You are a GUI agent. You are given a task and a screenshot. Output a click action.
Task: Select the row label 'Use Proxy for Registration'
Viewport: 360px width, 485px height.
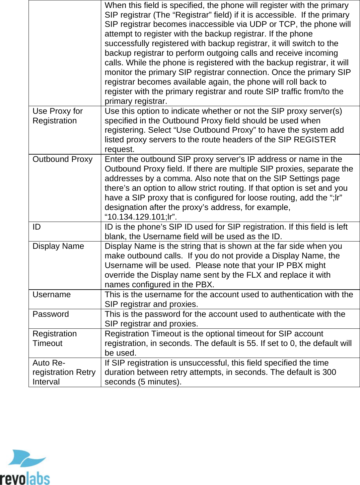tap(58, 116)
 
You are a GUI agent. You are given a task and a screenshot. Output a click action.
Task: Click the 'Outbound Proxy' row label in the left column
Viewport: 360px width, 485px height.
tap(62, 159)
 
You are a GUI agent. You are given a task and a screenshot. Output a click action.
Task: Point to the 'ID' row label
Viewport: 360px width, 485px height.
tap(36, 227)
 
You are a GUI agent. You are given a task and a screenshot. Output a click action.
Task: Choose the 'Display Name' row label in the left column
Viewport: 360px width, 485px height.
tap(58, 246)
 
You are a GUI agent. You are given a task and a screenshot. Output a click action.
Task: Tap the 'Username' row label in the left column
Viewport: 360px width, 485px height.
tap(51, 295)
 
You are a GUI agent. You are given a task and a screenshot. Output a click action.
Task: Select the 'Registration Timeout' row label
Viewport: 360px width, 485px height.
tap(54, 338)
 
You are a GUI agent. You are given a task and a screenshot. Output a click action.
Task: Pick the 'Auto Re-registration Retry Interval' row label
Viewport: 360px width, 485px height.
tap(64, 372)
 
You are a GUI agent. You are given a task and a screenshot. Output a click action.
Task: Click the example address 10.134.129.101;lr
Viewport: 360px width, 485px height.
tap(141, 217)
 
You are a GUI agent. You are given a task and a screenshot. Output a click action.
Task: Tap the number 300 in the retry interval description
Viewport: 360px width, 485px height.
tap(329, 372)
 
